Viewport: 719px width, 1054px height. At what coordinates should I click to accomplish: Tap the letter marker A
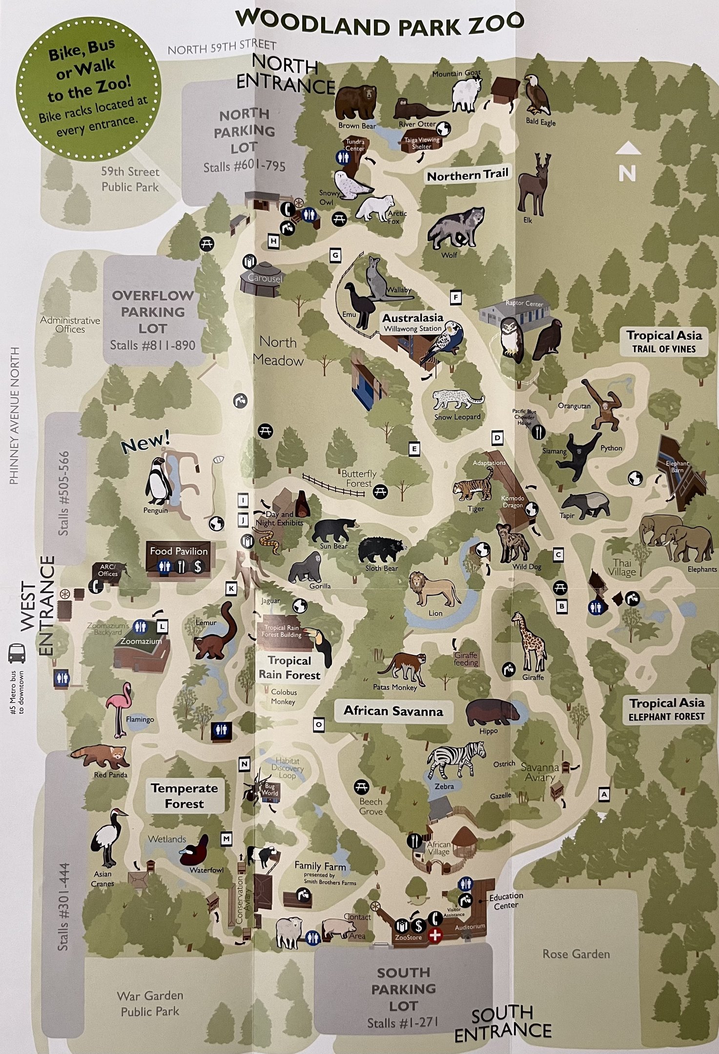(x=604, y=794)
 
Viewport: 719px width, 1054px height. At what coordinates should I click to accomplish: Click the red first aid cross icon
(x=434, y=935)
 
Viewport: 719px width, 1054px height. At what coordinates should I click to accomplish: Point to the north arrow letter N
(x=627, y=173)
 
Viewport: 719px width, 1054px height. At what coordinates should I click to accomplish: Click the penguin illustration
(x=158, y=481)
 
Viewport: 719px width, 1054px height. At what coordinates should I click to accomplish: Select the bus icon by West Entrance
(x=17, y=652)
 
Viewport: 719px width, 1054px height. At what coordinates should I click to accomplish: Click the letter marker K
(x=231, y=588)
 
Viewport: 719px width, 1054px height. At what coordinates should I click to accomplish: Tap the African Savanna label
(x=393, y=710)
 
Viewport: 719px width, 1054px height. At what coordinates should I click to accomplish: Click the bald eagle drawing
(x=537, y=95)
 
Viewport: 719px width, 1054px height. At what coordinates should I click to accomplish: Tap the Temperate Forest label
(x=185, y=795)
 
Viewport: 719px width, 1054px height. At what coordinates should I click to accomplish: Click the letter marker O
(x=319, y=725)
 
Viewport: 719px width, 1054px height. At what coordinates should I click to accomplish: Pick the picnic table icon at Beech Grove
(x=361, y=786)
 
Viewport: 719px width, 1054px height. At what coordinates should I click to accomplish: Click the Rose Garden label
(x=576, y=953)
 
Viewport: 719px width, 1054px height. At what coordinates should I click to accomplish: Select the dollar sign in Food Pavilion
(x=198, y=567)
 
